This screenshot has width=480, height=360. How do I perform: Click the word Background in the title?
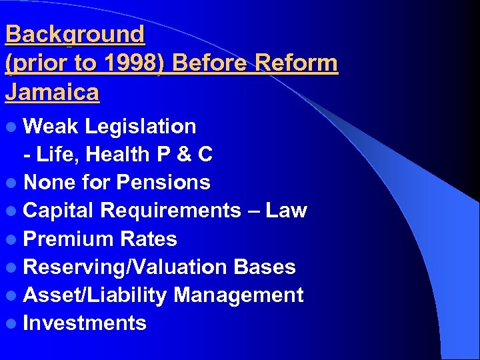coord(75,34)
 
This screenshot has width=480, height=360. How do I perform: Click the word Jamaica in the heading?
coord(52,92)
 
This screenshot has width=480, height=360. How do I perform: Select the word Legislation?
coord(141,127)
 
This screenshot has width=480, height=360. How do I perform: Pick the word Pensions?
coord(163,183)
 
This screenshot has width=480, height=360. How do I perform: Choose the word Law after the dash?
coord(286,211)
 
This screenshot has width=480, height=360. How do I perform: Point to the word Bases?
coord(264,267)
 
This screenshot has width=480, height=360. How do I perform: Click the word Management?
coord(238,295)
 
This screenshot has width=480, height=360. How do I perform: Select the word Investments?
coord(85,323)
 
